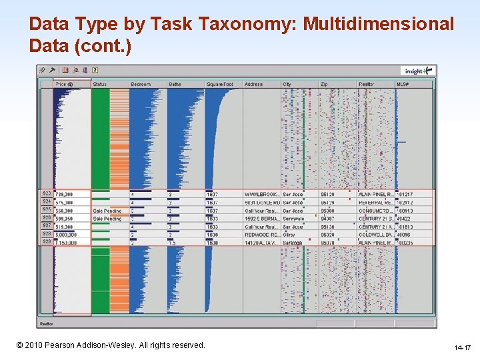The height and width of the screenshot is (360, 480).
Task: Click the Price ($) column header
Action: click(x=65, y=85)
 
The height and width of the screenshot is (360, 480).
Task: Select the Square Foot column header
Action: click(x=220, y=85)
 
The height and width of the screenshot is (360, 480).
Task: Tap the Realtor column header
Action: click(x=367, y=85)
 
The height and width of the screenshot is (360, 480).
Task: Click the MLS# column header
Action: click(x=403, y=85)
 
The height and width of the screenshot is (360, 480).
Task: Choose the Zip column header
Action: click(x=325, y=85)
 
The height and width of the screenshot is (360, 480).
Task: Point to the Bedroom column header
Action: click(x=141, y=85)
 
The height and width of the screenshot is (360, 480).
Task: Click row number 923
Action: click(x=47, y=194)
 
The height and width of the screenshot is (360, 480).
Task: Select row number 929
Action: click(x=47, y=243)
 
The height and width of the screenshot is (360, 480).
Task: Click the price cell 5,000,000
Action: click(x=67, y=235)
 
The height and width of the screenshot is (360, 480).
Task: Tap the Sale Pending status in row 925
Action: click(x=107, y=211)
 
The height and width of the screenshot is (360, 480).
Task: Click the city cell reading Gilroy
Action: click(x=290, y=235)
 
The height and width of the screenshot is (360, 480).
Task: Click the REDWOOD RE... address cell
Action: click(x=261, y=235)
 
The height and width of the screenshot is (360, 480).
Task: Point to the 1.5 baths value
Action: click(x=172, y=243)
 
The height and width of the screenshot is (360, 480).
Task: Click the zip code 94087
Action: click(x=329, y=219)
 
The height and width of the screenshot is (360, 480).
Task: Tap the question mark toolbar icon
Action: click(x=95, y=70)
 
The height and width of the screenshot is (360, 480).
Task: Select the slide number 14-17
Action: click(x=462, y=347)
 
